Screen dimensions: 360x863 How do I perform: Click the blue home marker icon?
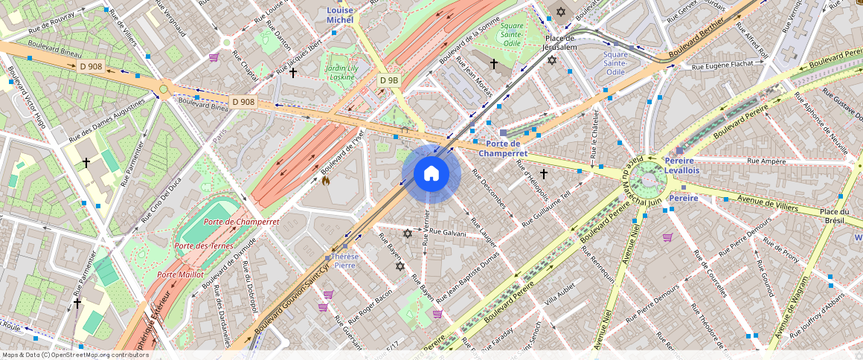(x=431, y=174)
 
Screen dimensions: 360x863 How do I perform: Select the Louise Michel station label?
(x=340, y=15)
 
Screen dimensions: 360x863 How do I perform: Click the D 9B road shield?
(x=389, y=80)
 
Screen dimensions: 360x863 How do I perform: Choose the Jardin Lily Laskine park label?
(x=342, y=71)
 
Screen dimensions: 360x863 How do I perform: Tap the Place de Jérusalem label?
(x=560, y=42)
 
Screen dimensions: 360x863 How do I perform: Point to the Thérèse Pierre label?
(x=345, y=260)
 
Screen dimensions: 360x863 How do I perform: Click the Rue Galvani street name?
(x=447, y=233)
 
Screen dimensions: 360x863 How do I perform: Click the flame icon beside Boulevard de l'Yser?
(x=325, y=180)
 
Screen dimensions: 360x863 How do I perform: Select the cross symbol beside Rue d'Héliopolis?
(x=544, y=174)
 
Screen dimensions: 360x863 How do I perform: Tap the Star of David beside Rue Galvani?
(x=407, y=234)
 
